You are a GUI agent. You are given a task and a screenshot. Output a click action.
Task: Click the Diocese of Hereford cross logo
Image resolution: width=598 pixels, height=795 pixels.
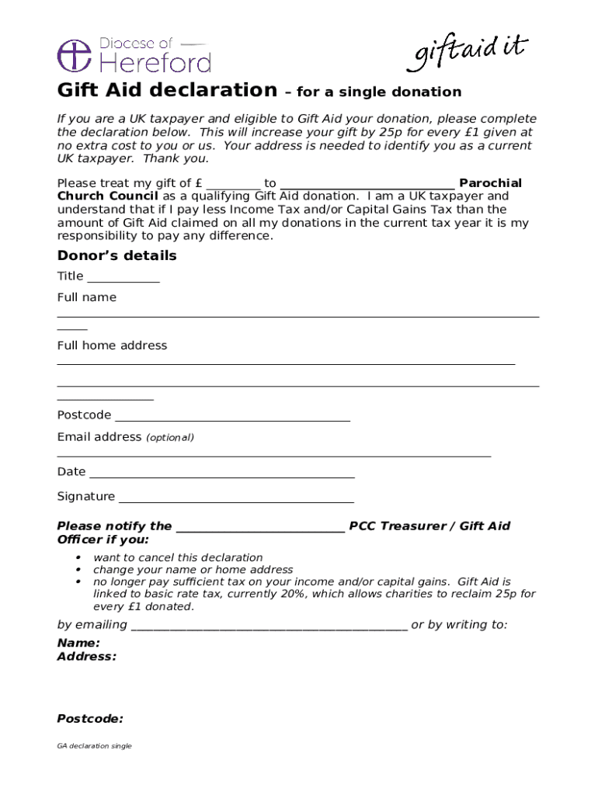click(x=74, y=56)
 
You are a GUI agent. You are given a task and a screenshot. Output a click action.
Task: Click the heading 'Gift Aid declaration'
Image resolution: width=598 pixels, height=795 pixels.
click(x=167, y=90)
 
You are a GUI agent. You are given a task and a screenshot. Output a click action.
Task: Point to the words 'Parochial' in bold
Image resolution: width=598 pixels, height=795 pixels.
click(x=490, y=183)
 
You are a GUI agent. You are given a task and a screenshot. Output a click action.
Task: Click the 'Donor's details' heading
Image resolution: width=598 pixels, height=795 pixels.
click(x=117, y=256)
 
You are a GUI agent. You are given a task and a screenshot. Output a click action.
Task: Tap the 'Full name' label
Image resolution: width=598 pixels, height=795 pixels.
click(x=87, y=297)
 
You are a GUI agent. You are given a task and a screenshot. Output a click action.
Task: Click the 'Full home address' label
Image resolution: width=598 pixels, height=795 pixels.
click(x=112, y=345)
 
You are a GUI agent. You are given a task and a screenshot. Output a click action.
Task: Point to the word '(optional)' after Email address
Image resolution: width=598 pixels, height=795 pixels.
click(x=170, y=438)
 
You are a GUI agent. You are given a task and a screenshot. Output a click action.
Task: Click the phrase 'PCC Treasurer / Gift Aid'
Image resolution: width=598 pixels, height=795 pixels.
click(x=429, y=526)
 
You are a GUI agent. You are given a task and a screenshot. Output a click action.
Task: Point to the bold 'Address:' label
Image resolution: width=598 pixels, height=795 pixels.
click(x=87, y=656)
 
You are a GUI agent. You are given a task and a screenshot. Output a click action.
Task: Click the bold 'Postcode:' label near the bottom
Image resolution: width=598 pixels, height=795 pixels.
click(x=90, y=719)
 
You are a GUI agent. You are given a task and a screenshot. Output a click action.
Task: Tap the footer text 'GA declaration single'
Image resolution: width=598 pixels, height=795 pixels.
click(x=95, y=746)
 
